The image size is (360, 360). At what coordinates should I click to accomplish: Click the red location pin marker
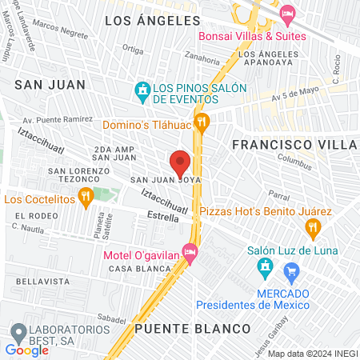[x=180, y=163]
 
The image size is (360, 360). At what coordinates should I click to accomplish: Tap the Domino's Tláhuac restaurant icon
[x=202, y=122]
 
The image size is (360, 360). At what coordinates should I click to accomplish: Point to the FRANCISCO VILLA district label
[x=294, y=144]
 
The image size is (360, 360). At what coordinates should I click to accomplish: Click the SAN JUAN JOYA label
[x=160, y=180]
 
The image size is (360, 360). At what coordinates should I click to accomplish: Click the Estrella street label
[x=163, y=216]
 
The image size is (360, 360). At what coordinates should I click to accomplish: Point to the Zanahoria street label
[x=201, y=57]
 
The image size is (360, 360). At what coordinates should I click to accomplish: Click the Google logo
[x=26, y=349]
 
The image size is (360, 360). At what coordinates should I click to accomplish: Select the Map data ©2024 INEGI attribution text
[x=312, y=354]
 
